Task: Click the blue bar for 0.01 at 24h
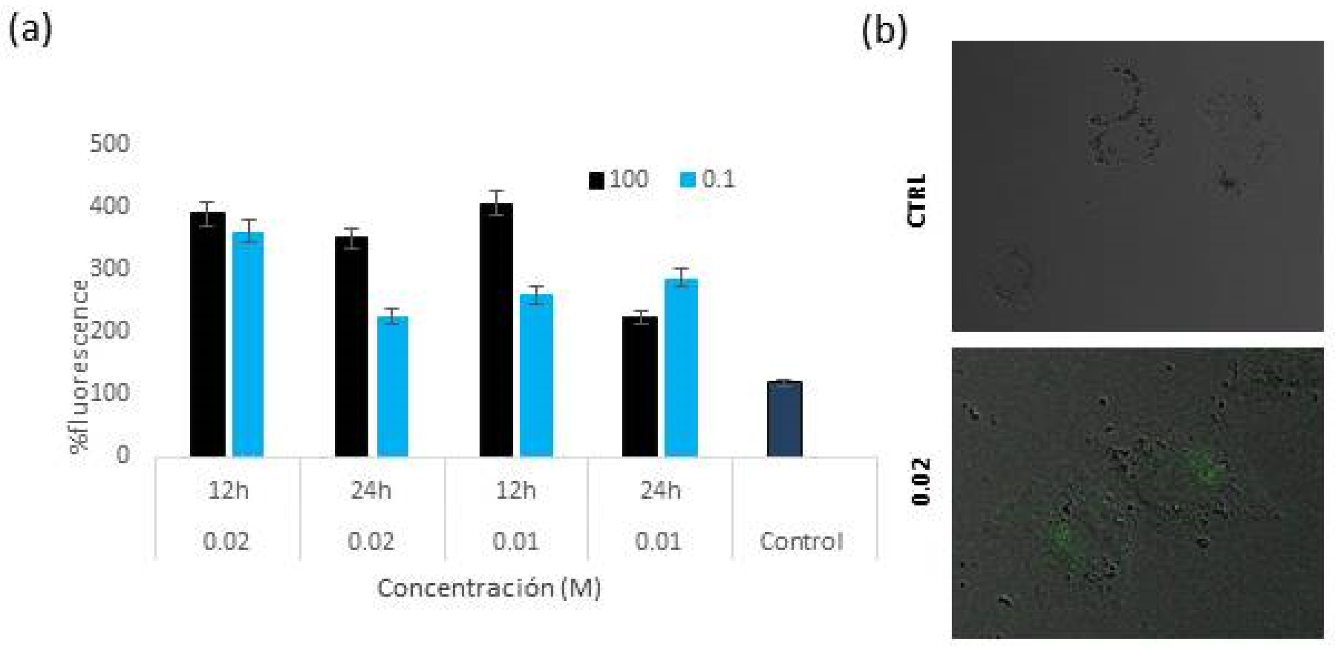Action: pos(681,367)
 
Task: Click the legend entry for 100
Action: pos(619,179)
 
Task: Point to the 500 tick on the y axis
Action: pos(109,144)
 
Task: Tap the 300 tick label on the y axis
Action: pos(109,268)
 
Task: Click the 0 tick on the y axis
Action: pos(122,455)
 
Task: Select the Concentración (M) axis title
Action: pos(489,588)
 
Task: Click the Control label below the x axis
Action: pos(801,542)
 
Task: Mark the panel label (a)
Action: pos(30,30)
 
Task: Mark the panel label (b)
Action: pos(884,31)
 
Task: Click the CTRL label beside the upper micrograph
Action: pos(917,200)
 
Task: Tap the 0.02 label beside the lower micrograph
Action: pos(921,481)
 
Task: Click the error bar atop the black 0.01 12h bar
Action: pos(496,202)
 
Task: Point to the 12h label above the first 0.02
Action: pos(228,490)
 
